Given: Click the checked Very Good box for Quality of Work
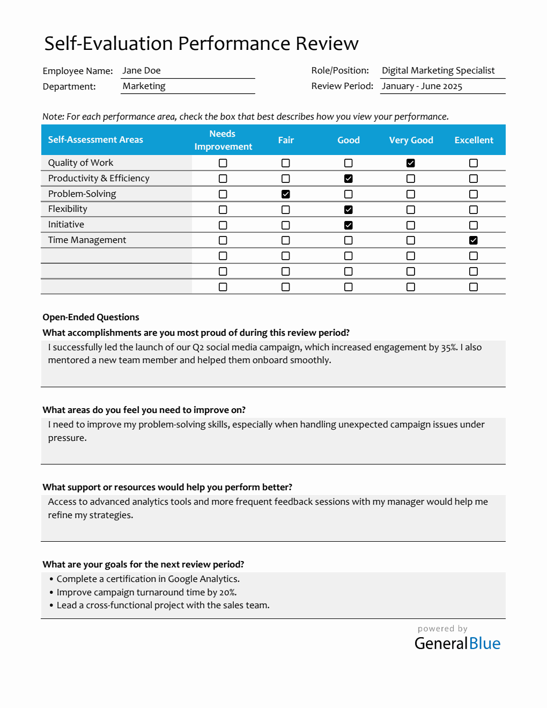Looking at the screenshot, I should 411,163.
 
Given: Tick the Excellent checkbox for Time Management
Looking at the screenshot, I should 474,240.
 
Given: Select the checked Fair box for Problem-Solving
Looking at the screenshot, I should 286,194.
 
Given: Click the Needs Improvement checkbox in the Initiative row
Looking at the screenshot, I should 223,225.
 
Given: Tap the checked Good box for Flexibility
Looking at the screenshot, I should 349,210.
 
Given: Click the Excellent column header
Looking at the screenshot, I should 474,140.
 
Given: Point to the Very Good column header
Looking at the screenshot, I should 411,140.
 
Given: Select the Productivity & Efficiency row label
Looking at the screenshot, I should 99,179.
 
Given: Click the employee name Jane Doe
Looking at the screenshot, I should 142,71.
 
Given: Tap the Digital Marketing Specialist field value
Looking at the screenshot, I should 438,71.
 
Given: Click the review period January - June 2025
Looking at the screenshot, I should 422,86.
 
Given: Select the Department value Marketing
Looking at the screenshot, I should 144,86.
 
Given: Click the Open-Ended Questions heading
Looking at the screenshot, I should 91,318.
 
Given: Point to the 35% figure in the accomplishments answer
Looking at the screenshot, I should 449,348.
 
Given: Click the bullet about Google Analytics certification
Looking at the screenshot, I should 148,579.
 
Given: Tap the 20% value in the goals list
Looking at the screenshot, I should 227,593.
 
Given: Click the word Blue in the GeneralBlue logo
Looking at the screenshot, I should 485,644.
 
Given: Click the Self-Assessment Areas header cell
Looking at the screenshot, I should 95,140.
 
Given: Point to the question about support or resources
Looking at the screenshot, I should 167,488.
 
